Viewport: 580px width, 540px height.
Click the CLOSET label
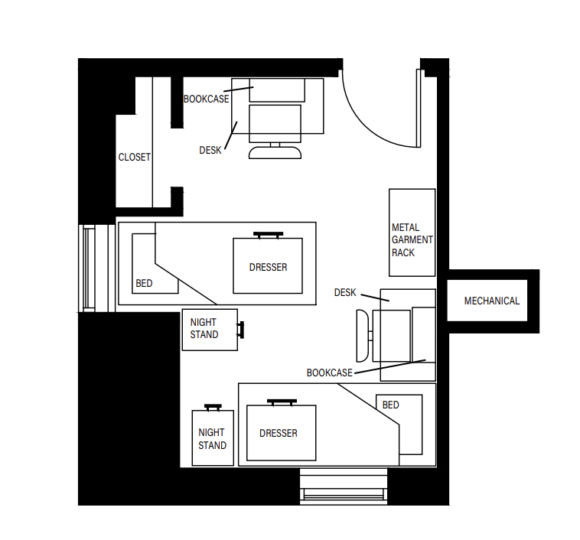(134, 158)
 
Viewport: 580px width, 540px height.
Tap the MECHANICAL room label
(491, 301)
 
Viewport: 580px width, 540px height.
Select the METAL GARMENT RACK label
(412, 239)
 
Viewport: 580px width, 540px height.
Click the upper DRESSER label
(268, 268)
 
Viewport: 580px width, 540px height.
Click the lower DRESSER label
(279, 434)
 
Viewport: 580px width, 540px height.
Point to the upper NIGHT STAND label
(204, 329)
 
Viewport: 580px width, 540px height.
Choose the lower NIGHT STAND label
(212, 439)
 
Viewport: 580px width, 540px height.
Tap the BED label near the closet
(144, 284)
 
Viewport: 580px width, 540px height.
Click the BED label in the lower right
(390, 405)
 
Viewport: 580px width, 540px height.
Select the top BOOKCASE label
(206, 99)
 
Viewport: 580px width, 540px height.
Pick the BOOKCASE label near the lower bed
(329, 373)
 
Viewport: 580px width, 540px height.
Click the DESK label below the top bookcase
(210, 151)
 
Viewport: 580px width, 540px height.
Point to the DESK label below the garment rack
(345, 293)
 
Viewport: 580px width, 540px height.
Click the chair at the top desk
(275, 151)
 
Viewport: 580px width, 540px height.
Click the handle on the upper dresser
(269, 234)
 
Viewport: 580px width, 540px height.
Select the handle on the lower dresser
(282, 401)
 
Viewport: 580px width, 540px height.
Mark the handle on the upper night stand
(242, 330)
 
